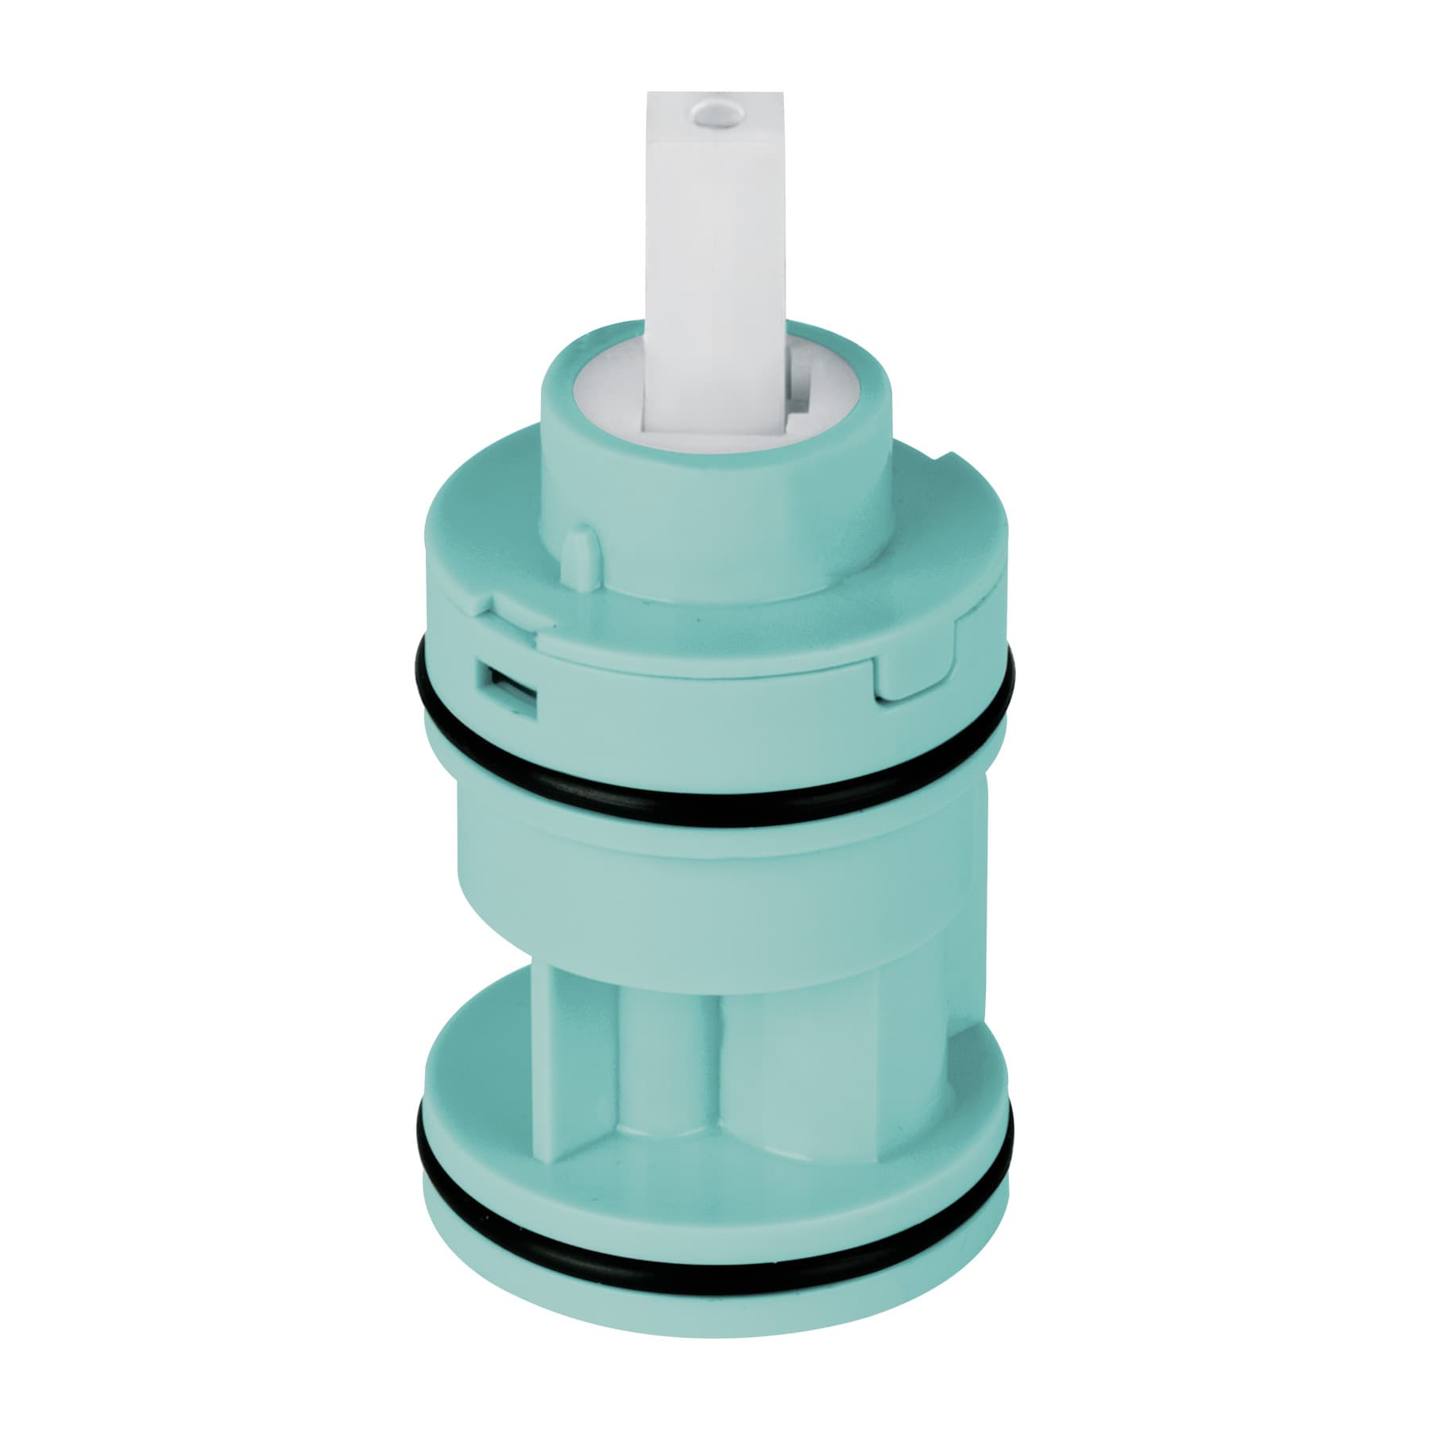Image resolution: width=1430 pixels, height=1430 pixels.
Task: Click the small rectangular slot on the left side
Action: pos(506,682)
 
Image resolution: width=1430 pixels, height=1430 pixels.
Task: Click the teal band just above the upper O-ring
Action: pos(715,699)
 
